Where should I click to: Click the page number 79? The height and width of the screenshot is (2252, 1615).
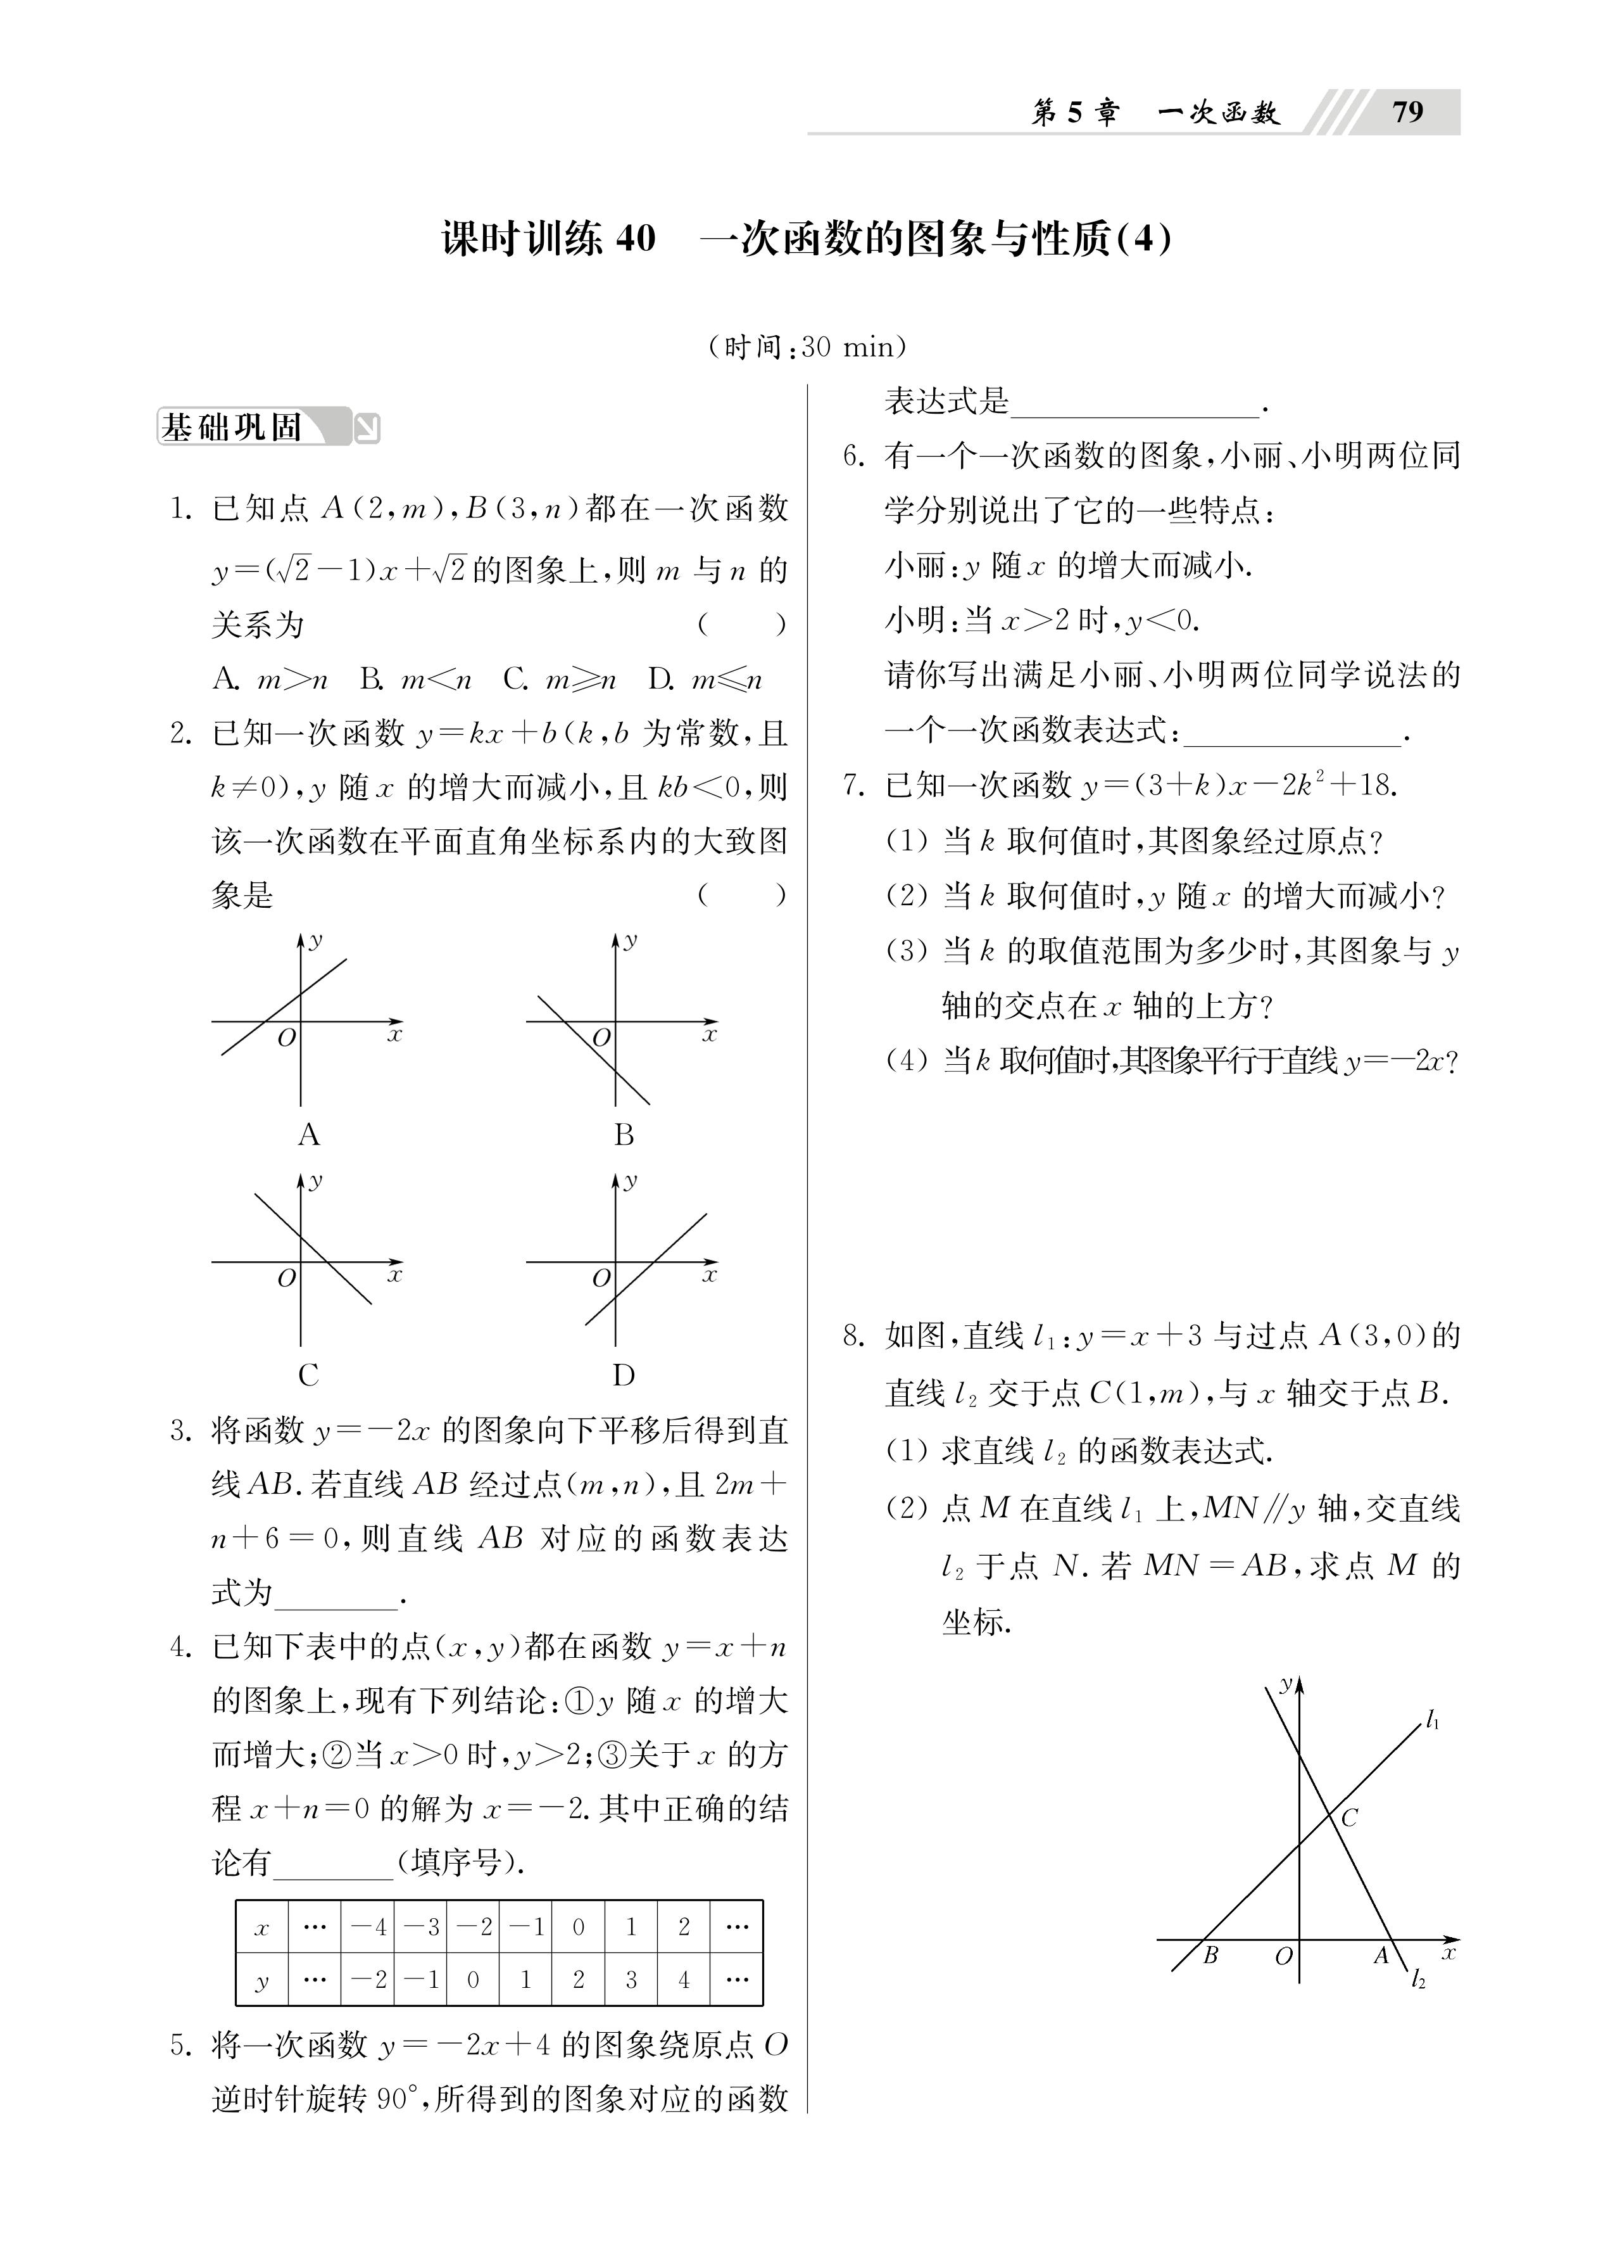1407,112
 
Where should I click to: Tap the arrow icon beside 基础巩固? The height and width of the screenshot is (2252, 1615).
367,428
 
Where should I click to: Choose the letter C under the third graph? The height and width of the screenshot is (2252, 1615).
309,1375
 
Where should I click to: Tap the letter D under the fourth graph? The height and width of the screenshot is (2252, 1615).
624,1375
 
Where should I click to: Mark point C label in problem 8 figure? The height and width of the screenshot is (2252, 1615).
1349,1818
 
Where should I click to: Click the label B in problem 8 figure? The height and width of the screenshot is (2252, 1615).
1210,1955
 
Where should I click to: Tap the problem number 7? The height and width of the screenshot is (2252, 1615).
853,786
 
